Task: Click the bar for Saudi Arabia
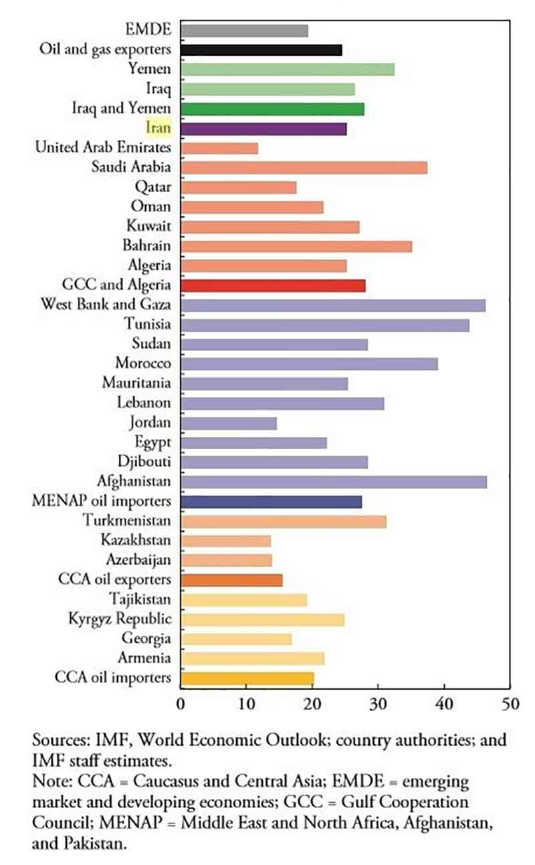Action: pos(304,167)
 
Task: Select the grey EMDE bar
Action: pos(244,30)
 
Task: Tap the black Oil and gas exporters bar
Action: pos(261,50)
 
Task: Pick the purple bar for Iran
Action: pos(263,128)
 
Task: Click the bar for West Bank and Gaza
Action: pos(333,305)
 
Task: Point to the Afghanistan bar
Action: pos(334,482)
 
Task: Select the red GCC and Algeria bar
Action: pos(273,286)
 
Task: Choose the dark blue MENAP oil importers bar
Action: pos(271,502)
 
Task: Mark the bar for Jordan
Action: pos(228,423)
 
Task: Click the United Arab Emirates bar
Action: pos(219,148)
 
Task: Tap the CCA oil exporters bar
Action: pos(231,580)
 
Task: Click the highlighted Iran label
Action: pos(158,128)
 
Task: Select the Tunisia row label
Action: pos(147,324)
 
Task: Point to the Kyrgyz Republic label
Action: pos(119,619)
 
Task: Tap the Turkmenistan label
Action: pos(126,520)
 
